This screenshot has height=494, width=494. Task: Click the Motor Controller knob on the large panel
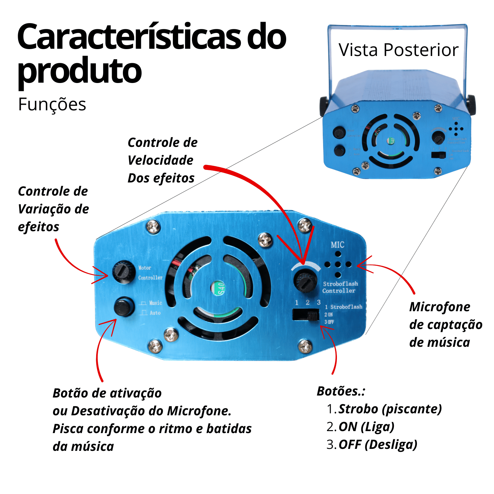coord(123,271)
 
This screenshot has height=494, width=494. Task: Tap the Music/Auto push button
coord(124,307)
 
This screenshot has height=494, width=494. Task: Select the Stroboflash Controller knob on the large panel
coord(305,280)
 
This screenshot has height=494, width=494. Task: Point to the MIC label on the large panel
coord(338,245)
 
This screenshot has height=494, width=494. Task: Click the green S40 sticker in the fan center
coord(220,288)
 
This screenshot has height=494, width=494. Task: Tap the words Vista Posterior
coord(398,50)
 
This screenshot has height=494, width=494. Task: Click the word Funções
coord(52,105)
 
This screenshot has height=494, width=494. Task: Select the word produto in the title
coord(79,70)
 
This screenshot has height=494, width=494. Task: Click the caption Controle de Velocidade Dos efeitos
coord(162,160)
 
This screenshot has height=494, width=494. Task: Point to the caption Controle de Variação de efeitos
coord(53,209)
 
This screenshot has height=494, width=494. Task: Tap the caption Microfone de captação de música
coord(445,324)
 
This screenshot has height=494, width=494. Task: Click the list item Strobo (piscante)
coord(390,409)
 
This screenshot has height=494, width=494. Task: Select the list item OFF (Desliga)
coord(378,445)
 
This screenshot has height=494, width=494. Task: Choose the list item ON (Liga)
coord(366,427)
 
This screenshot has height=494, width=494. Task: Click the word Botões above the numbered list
coord(341,391)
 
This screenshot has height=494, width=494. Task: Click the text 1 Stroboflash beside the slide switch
coord(343,307)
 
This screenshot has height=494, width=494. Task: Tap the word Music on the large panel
coord(155,303)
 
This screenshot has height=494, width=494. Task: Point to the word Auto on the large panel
coord(155,313)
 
